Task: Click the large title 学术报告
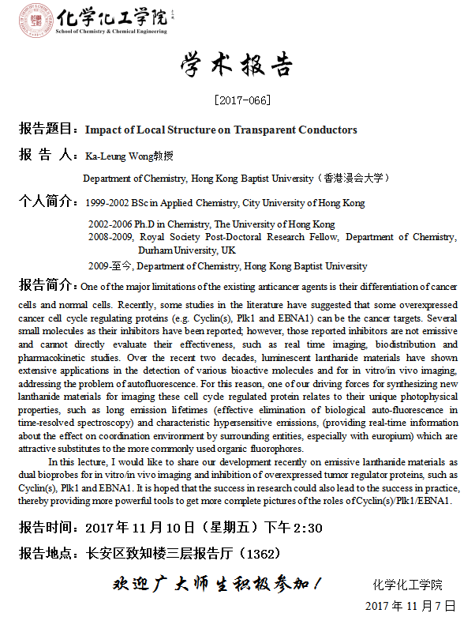(237, 65)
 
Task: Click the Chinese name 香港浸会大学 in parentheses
(353, 179)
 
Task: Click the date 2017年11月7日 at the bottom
(410, 606)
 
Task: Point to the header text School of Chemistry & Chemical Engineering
(111, 32)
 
